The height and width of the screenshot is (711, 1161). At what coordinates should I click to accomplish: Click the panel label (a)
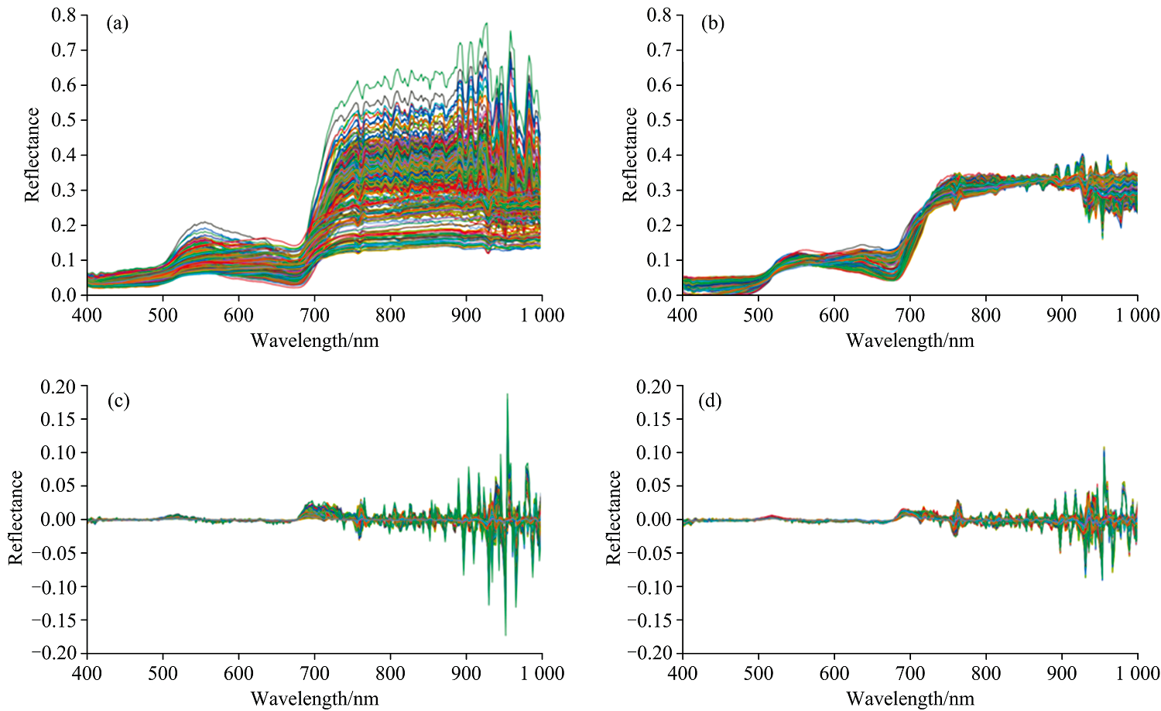point(118,24)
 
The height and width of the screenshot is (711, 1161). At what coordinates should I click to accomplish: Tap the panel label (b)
point(712,24)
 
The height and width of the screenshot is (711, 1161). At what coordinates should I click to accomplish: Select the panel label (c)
point(118,401)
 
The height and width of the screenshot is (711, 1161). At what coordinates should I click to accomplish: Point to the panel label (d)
point(710,401)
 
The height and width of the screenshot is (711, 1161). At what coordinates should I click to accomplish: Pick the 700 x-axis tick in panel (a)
point(314,315)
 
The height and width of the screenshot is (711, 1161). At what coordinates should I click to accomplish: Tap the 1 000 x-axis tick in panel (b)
point(1137,315)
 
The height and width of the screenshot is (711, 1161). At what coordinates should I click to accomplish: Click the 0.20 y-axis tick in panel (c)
point(60,386)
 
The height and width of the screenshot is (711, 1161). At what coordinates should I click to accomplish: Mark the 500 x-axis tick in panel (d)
point(758,674)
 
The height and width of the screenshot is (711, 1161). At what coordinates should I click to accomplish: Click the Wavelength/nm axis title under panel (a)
point(314,340)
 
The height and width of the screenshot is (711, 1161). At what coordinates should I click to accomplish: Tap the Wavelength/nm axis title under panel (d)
point(909,699)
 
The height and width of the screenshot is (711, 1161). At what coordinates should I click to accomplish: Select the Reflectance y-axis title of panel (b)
point(631,155)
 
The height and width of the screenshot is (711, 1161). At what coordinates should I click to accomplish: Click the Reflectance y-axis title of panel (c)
point(15,517)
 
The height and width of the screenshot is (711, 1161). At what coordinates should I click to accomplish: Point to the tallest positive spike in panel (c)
point(507,394)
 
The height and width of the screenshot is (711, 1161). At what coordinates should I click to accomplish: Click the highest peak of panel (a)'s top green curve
point(486,23)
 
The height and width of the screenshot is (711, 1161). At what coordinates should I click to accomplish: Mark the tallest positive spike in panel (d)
point(1104,448)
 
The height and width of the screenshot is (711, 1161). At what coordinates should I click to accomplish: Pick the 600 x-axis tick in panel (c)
point(238,674)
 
